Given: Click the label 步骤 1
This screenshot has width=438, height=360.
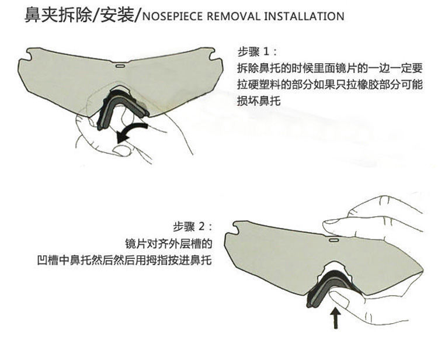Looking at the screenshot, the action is click(253, 51).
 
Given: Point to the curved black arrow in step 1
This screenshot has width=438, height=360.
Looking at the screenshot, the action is click(132, 129).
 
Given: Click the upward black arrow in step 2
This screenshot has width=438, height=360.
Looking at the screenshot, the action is click(335, 319).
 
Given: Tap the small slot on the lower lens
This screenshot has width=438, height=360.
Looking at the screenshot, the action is click(334, 238).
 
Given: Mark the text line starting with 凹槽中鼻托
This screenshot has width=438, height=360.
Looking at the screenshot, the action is click(123, 259).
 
